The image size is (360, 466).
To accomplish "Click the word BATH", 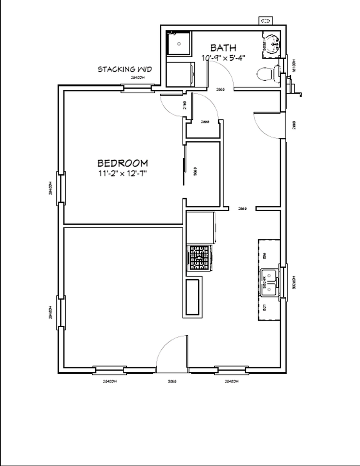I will pos(223,48).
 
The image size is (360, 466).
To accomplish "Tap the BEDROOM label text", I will pos(122,163).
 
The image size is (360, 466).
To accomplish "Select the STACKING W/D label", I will pos(125,69).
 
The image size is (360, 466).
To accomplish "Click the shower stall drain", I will pos(179,44).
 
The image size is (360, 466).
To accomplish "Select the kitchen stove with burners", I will pos(199,258).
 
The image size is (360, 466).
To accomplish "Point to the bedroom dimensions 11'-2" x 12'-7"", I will pos(122,173).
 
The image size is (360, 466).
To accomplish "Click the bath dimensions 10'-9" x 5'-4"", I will pos(223,58).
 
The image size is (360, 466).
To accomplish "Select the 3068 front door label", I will pos(172,382).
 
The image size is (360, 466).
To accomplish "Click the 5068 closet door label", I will pos(195,171).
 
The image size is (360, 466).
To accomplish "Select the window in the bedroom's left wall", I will pos(61,188).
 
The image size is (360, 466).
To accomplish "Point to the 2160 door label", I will pos(185,105).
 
